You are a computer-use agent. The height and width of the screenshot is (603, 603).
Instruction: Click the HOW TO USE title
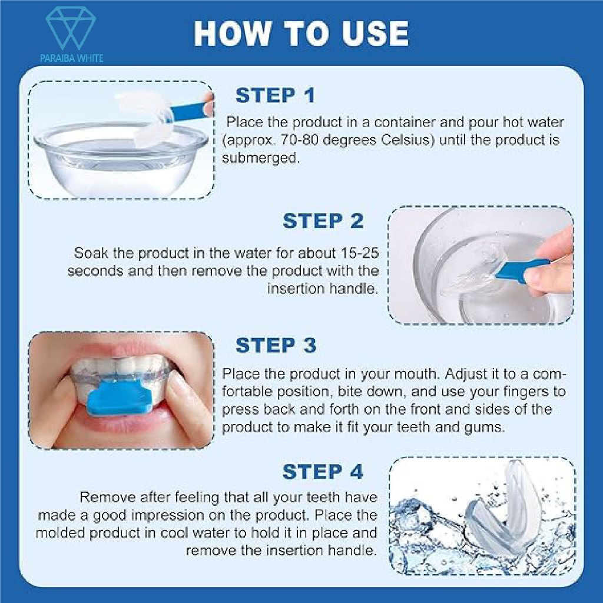(301, 33)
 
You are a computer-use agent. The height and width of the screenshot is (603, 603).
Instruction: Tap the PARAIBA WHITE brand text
(71, 58)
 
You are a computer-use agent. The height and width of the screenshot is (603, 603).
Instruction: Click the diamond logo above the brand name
(71, 29)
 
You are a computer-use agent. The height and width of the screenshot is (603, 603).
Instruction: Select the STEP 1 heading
(275, 95)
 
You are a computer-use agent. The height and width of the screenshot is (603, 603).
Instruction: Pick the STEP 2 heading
(323, 221)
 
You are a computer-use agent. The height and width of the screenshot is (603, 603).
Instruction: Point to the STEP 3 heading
(276, 345)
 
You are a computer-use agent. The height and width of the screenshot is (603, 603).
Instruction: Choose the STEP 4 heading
(323, 472)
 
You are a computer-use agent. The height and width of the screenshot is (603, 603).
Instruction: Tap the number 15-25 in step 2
(360, 253)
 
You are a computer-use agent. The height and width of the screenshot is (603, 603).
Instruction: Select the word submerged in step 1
(260, 157)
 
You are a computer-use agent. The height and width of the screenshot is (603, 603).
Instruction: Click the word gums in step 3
(486, 428)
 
